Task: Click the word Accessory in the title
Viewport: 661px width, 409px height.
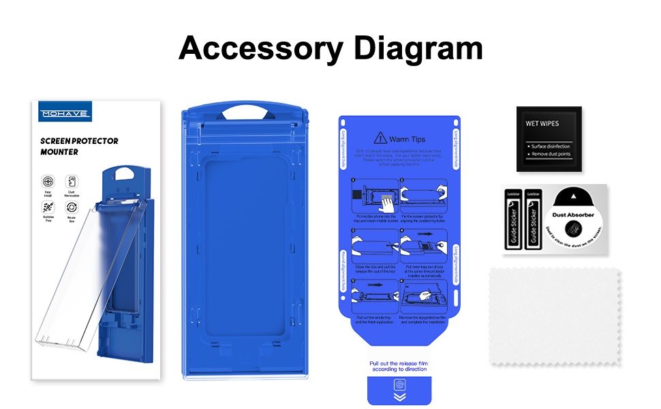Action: point(253,48)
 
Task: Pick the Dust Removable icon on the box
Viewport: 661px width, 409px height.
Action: point(72,182)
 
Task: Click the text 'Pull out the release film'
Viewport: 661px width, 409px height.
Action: point(398,363)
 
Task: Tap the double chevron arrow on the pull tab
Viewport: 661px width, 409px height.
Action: point(399,395)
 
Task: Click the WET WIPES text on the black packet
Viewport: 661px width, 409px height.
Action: point(542,124)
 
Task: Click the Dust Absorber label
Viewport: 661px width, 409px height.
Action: point(573,215)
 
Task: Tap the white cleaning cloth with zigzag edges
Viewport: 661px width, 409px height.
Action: point(555,317)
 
